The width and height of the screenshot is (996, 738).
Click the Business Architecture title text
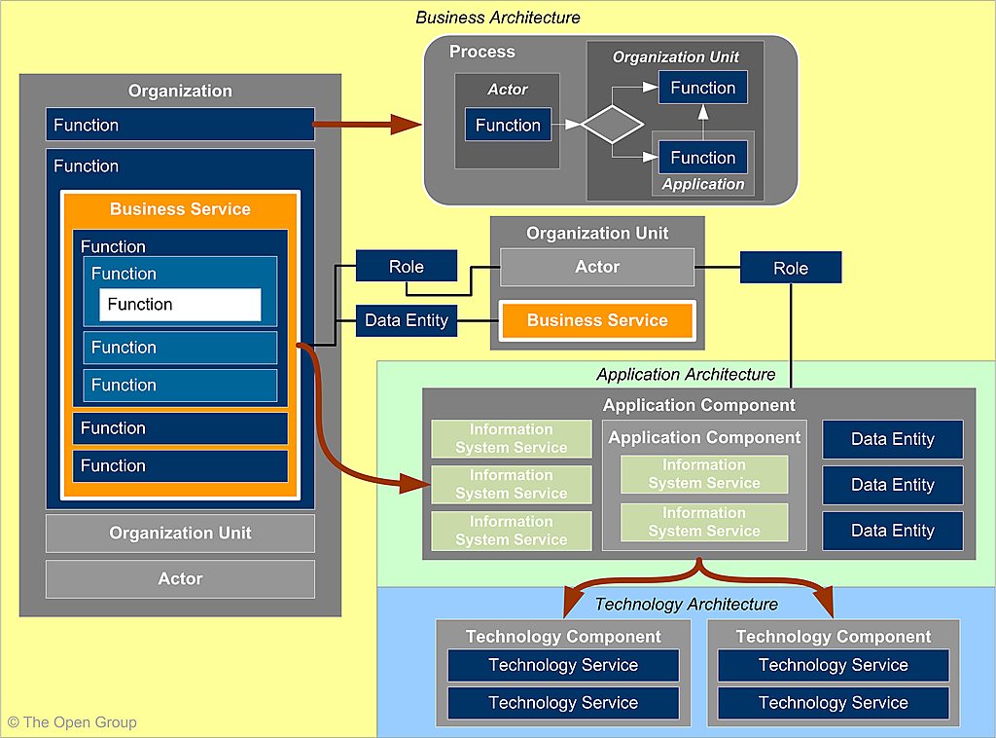497,18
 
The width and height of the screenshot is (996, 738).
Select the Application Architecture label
686,375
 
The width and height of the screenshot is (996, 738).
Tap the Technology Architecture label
686,605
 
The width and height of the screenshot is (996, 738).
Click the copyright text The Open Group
72,722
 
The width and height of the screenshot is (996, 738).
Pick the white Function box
180,305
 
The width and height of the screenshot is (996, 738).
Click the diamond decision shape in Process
612,125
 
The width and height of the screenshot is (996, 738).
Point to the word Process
482,52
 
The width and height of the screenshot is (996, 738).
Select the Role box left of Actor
406,267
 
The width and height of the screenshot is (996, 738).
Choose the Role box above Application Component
790,268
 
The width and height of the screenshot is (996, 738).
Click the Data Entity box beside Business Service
406,320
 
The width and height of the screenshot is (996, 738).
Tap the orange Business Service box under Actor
597,320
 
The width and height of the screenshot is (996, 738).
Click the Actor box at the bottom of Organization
180,579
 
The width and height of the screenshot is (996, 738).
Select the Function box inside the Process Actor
508,125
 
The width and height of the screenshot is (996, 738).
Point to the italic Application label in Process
703,184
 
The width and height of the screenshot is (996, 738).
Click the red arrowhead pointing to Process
406,124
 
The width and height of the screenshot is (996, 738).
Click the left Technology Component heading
563,637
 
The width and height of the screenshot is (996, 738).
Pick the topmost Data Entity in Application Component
892,439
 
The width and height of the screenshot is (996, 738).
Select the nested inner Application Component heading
704,438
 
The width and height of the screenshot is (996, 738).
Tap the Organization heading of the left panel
180,91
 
